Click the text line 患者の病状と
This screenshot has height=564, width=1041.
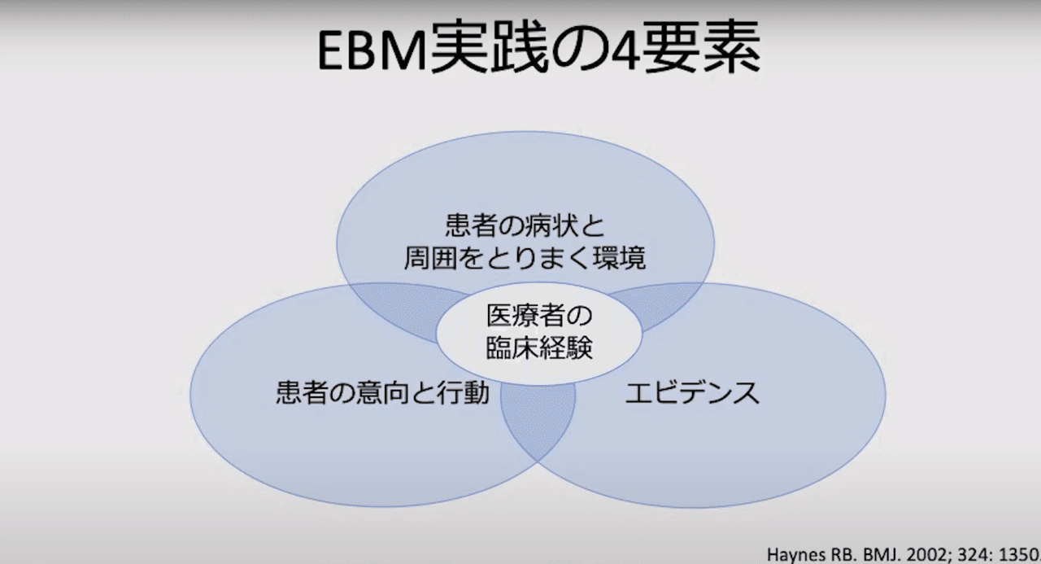(526, 223)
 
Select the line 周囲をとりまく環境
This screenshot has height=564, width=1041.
(526, 259)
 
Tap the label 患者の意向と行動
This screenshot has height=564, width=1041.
(382, 393)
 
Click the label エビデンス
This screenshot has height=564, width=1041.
(692, 393)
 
